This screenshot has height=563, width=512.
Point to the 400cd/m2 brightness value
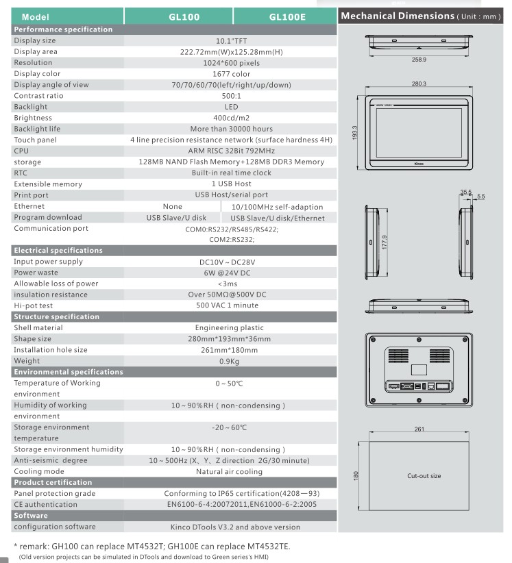pyautogui.click(x=232, y=118)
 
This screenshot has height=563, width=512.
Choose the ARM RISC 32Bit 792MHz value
pyautogui.click(x=232, y=151)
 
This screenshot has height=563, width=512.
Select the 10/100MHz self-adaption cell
pyautogui.click(x=277, y=206)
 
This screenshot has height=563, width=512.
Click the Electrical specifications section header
pyautogui.click(x=58, y=250)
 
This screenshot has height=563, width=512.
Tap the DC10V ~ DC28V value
pyautogui.click(x=232, y=262)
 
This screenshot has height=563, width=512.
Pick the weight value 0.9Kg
pyautogui.click(x=232, y=360)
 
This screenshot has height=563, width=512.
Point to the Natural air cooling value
pyautogui.click(x=232, y=471)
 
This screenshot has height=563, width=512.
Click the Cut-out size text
pyautogui.click(x=424, y=475)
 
